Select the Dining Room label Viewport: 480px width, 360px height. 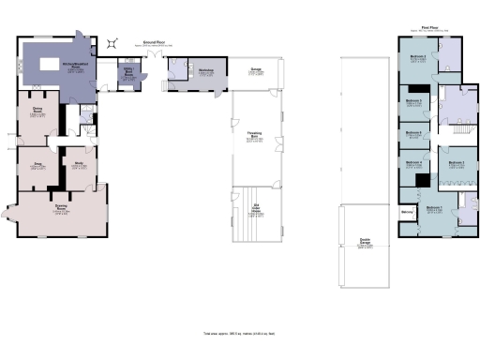pyautogui.click(x=37, y=112)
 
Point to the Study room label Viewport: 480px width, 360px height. pyautogui.click(x=79, y=164)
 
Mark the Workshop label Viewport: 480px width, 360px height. pyautogui.click(x=206, y=70)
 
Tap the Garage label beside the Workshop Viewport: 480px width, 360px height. pyautogui.click(x=255, y=69)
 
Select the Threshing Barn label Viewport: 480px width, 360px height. pyautogui.click(x=253, y=136)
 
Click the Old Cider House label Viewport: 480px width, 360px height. pyautogui.click(x=253, y=207)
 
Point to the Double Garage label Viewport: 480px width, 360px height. pyautogui.click(x=364, y=242)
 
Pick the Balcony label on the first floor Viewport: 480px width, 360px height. pyautogui.click(x=408, y=212)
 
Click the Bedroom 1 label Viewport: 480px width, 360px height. pyautogui.click(x=434, y=207)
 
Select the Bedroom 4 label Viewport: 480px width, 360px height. pyautogui.click(x=415, y=163)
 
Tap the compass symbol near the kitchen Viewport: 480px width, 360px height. pyautogui.click(x=113, y=42)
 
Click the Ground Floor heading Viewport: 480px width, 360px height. pyautogui.click(x=154, y=42)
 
